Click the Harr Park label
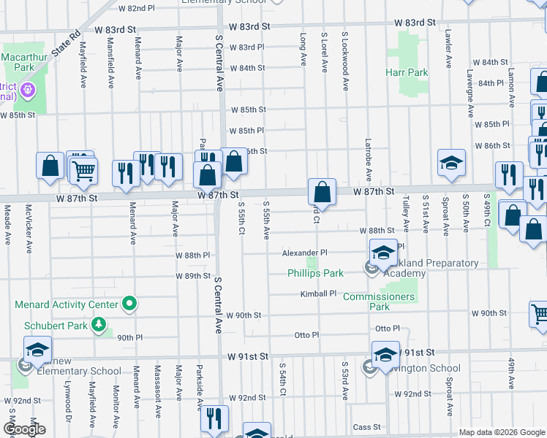click(x=407, y=72)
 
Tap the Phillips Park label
click(x=315, y=274)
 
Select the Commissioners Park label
click(x=379, y=301)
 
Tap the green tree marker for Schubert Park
click(x=98, y=323)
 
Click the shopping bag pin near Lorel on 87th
click(x=322, y=193)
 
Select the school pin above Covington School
click(x=385, y=356)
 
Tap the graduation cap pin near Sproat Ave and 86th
click(x=452, y=164)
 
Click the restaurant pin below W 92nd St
click(x=214, y=419)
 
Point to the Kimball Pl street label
click(x=317, y=293)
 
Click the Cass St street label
click(x=367, y=427)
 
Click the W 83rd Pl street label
click(x=246, y=47)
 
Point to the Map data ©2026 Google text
click(x=501, y=432)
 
